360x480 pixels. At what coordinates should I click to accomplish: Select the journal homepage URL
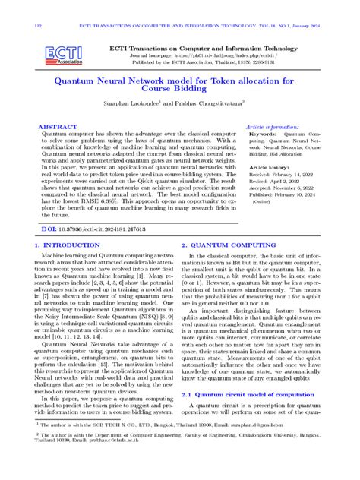tap(184, 55)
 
